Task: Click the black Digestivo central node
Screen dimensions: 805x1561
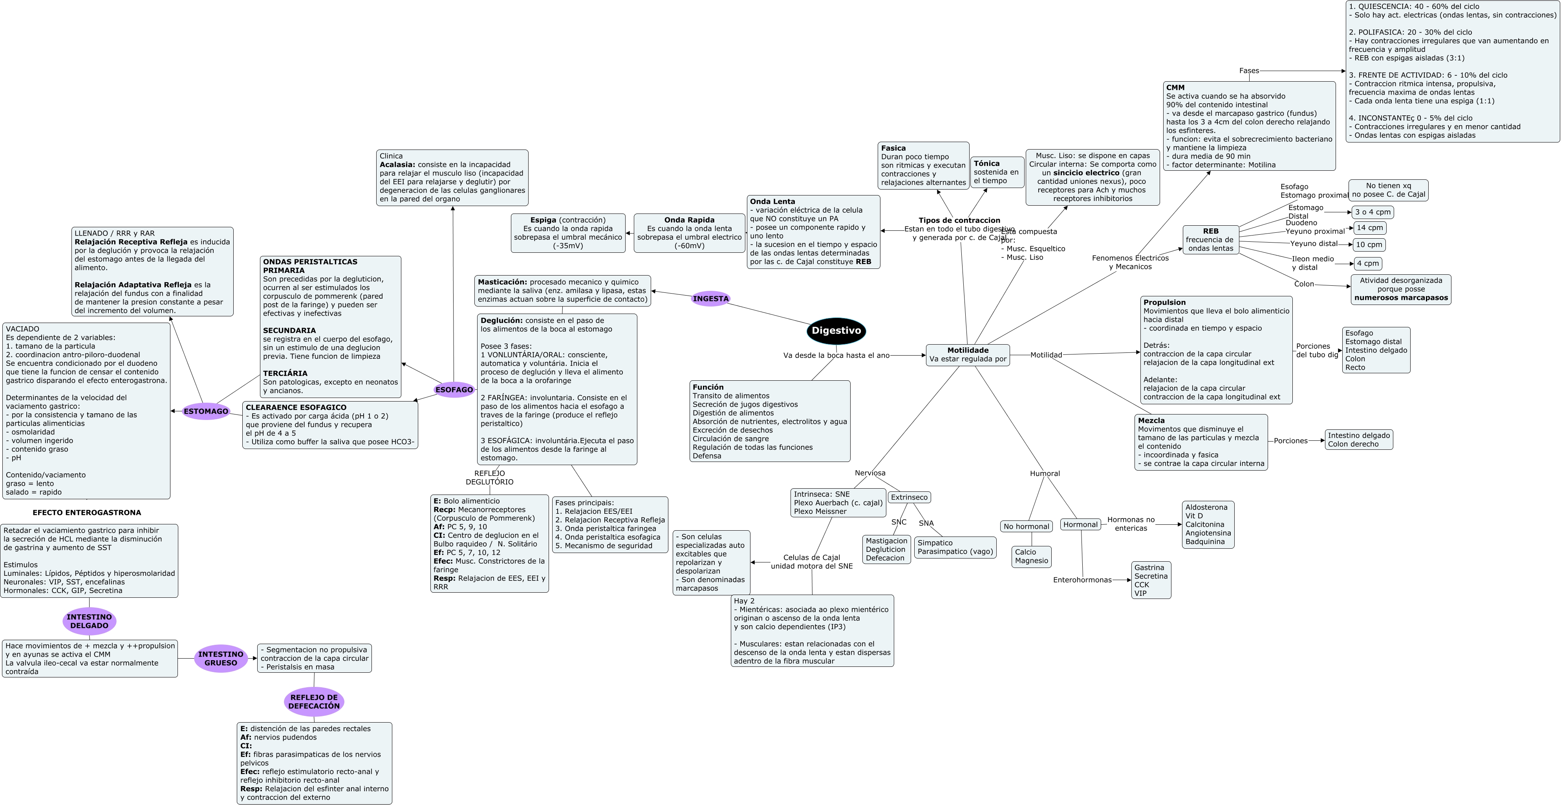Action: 836,331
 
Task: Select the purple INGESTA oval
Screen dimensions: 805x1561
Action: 711,299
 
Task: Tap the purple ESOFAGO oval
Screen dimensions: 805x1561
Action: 454,389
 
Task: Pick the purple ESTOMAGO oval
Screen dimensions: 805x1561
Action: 206,411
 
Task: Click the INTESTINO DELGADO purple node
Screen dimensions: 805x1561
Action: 89,621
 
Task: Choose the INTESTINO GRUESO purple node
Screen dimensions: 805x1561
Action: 221,659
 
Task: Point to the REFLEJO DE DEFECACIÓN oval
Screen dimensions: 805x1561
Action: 314,701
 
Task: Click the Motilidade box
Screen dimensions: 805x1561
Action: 968,355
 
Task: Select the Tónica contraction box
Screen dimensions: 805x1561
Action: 997,172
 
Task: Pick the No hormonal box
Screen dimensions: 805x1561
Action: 1026,526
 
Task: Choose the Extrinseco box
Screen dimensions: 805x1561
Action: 909,497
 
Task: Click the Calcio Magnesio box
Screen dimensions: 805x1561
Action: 1031,556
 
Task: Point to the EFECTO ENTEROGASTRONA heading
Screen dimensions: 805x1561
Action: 87,513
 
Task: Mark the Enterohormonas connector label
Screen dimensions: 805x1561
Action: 1082,580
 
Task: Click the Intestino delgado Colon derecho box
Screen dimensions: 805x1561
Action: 1359,440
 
